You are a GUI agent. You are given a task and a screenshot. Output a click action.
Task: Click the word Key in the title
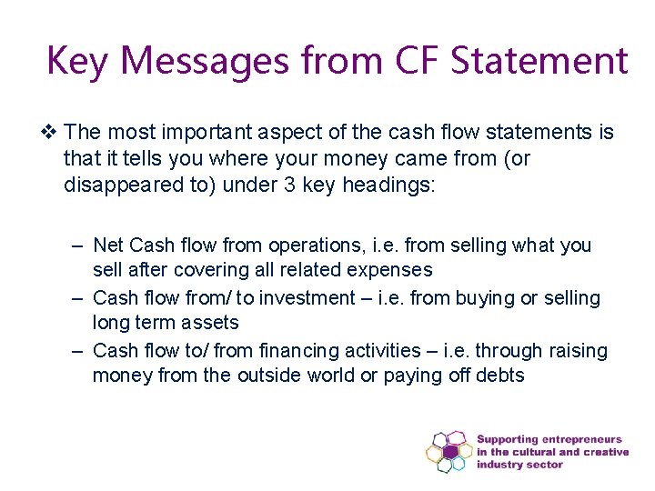click(x=77, y=61)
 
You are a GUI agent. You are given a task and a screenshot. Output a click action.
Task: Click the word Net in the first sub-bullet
click(x=109, y=245)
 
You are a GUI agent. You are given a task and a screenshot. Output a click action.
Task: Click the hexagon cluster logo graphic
click(x=448, y=451)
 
